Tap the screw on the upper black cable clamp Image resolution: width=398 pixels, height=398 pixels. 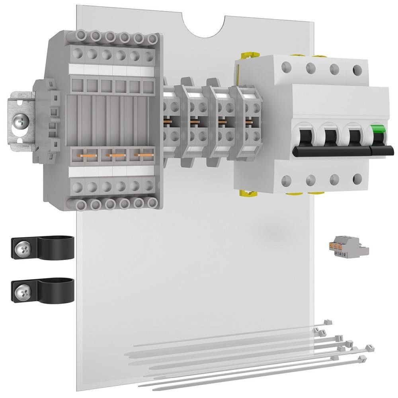22,250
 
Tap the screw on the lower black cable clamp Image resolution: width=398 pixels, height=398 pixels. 22,293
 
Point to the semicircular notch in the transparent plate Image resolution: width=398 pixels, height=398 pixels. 205,25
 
